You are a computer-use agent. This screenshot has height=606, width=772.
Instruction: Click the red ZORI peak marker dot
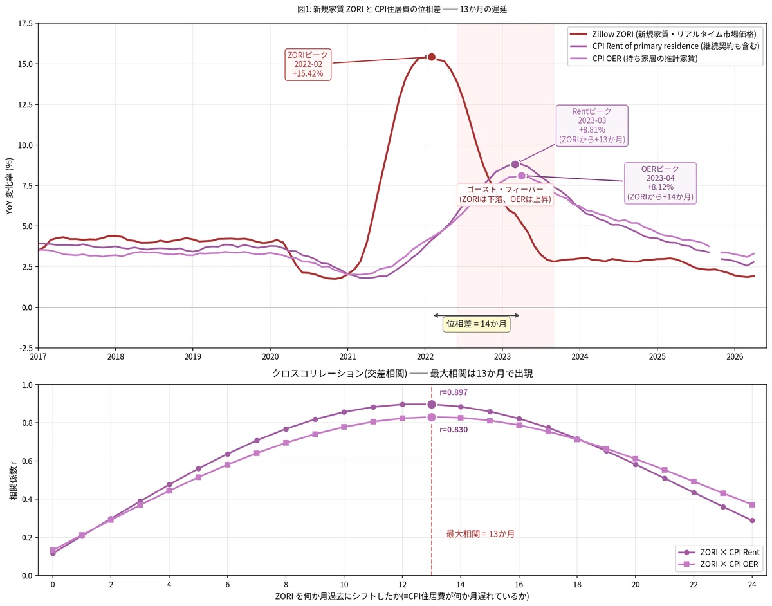(431, 57)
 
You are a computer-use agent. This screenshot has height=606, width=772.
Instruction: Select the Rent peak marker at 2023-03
(515, 164)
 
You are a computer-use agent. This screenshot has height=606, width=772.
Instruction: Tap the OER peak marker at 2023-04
(521, 176)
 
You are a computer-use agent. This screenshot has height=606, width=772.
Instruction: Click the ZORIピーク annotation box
(308, 64)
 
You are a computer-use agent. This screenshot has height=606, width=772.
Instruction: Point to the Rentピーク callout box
(591, 125)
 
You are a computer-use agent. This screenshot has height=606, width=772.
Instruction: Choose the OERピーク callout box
(660, 183)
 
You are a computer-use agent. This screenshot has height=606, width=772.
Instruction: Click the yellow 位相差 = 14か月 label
(476, 324)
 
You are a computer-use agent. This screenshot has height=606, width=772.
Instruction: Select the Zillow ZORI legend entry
(663, 34)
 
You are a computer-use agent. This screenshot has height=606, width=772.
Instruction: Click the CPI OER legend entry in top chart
(634, 59)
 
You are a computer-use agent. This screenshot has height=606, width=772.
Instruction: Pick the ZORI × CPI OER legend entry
(719, 564)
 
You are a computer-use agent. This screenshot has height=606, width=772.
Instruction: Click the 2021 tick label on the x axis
(347, 356)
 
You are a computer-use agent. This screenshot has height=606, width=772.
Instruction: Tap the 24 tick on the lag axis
(752, 584)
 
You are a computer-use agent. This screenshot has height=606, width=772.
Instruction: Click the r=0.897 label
(454, 392)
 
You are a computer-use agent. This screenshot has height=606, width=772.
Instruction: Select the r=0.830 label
(454, 430)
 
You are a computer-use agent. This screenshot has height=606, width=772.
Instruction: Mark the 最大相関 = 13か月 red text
(480, 534)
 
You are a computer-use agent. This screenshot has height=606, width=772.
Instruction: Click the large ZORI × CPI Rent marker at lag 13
(431, 404)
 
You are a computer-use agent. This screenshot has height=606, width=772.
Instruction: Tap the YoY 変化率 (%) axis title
(10, 186)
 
